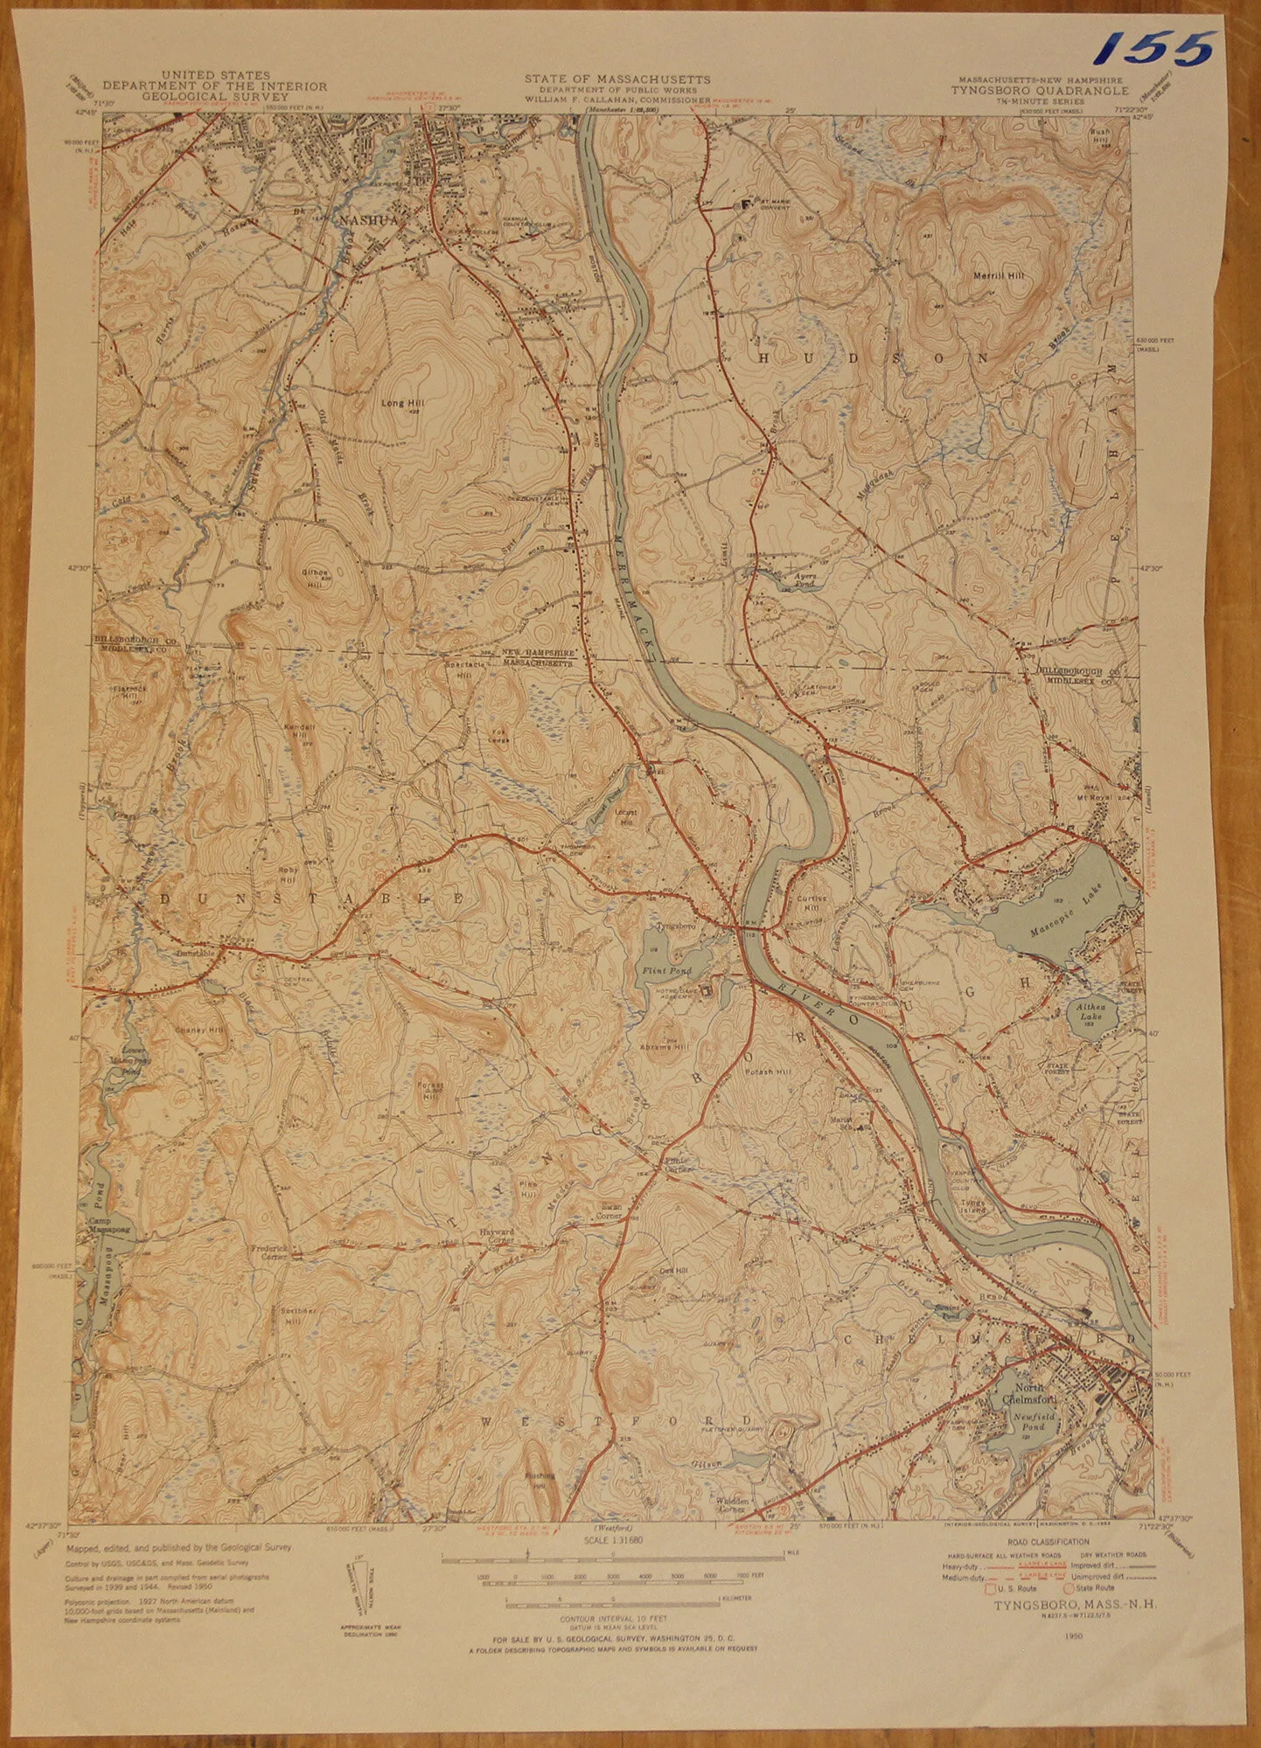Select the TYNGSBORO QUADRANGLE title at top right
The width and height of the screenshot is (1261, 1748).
[1041, 90]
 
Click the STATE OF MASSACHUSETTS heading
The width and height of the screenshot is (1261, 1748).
[617, 80]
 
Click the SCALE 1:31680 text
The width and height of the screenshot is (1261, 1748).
[617, 1546]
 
